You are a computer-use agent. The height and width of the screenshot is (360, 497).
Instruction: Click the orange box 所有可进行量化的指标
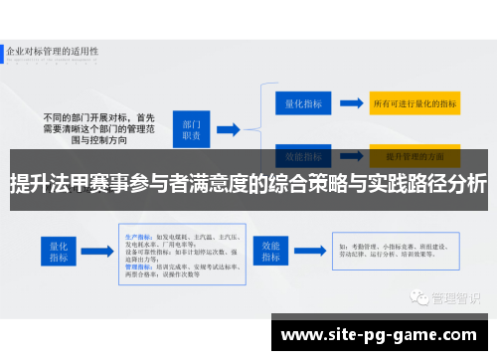(x=414, y=102)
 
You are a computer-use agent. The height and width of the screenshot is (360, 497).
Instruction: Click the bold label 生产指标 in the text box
(x=110, y=224)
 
